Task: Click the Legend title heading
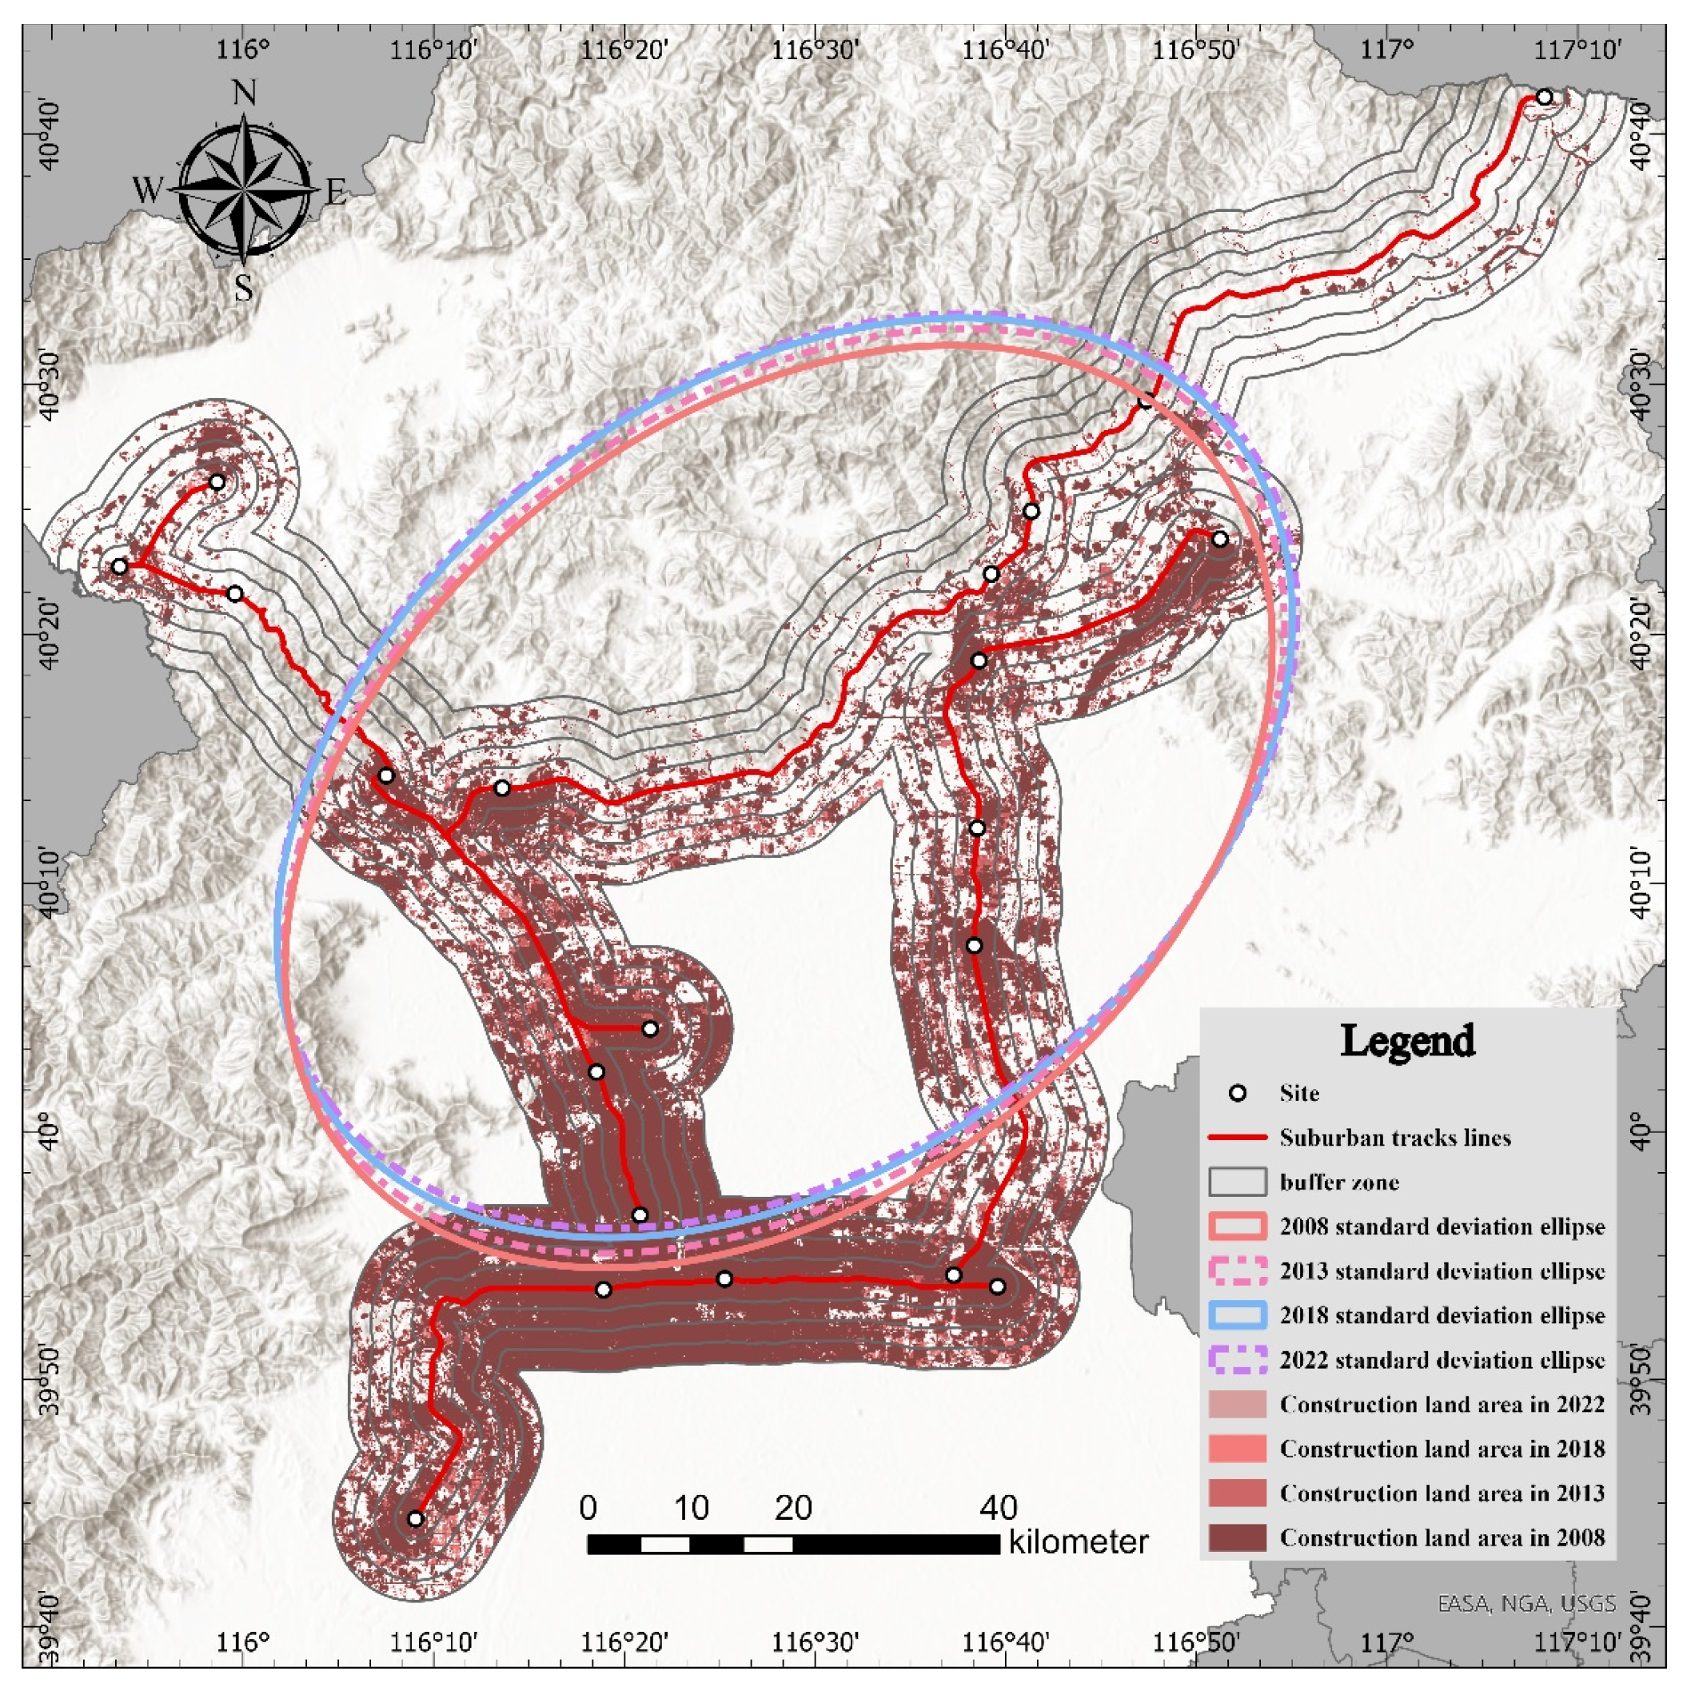tap(1407, 1042)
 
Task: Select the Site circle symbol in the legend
tap(1238, 1093)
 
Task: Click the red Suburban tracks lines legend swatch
tap(1238, 1138)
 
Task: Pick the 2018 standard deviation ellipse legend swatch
tap(1238, 1315)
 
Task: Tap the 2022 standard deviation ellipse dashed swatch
tap(1238, 1360)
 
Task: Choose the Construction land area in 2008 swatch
tap(1238, 1537)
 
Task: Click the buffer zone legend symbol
tap(1238, 1182)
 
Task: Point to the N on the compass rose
tap(244, 92)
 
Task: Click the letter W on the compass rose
tap(147, 189)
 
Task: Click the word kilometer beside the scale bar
tap(1079, 1541)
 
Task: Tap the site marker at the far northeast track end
tap(1544, 98)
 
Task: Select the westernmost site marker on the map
tap(119, 566)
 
